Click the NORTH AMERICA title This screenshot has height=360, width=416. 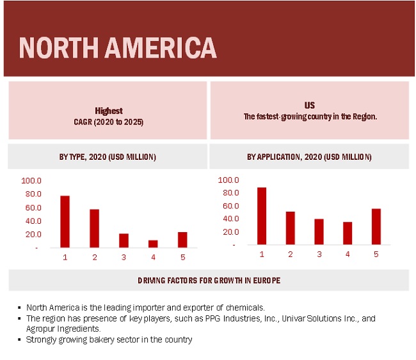117,47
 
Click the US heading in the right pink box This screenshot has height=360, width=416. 309,105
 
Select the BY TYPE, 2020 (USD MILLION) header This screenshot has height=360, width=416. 108,157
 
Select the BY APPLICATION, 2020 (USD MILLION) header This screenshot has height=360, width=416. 309,157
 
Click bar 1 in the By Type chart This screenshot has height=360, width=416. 65,221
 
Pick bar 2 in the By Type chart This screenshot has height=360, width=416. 94,228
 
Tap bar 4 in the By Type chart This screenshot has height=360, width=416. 153,244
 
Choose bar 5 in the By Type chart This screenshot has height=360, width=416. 182,240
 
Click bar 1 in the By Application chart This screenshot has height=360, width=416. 261,215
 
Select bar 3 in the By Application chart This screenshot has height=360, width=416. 319,231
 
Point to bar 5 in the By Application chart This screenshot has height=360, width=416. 376,226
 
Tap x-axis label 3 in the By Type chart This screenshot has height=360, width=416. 124,257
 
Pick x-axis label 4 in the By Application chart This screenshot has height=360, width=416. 348,254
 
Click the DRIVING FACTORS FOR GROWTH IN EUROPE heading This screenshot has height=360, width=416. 209,281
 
